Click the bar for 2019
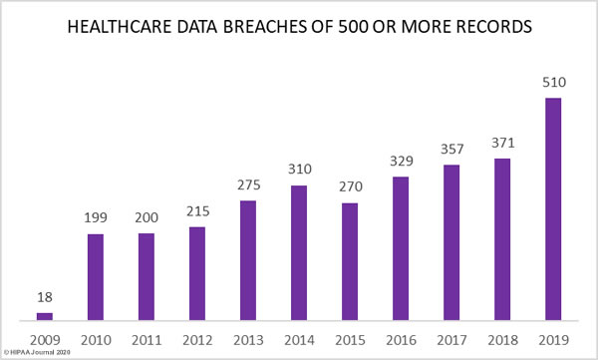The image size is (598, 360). tap(553, 208)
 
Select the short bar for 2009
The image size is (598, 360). tap(45, 316)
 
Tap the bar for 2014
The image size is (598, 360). tap(299, 252)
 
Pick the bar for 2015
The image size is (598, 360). tap(350, 261)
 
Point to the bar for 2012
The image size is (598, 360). tap(197, 273)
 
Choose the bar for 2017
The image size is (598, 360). tap(451, 242)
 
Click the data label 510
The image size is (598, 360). tap(554, 82)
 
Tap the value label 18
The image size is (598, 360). tap(45, 297)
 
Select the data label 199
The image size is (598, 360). tap(96, 217)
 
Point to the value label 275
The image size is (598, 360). tap(248, 184)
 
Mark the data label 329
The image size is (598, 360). tap(402, 161)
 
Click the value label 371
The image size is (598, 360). tap(503, 143)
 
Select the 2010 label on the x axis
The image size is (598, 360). tap(96, 340)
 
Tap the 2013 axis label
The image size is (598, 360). tap(248, 340)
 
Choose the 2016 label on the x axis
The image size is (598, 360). tap(402, 340)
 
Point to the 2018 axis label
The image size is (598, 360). tap(502, 340)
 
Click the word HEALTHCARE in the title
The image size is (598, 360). tap(120, 27)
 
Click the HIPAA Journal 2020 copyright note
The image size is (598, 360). tap(37, 352)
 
